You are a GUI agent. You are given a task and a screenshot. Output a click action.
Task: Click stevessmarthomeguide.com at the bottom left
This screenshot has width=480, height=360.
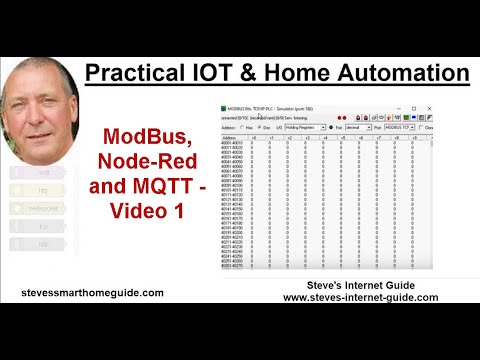[x=91, y=293]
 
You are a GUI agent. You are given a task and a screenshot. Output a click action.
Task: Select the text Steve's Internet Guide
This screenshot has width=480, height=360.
[x=361, y=285]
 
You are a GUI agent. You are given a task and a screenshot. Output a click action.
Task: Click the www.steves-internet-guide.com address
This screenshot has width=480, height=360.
[x=361, y=297]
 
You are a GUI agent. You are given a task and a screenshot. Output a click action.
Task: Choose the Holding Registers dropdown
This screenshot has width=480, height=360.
[x=304, y=128]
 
